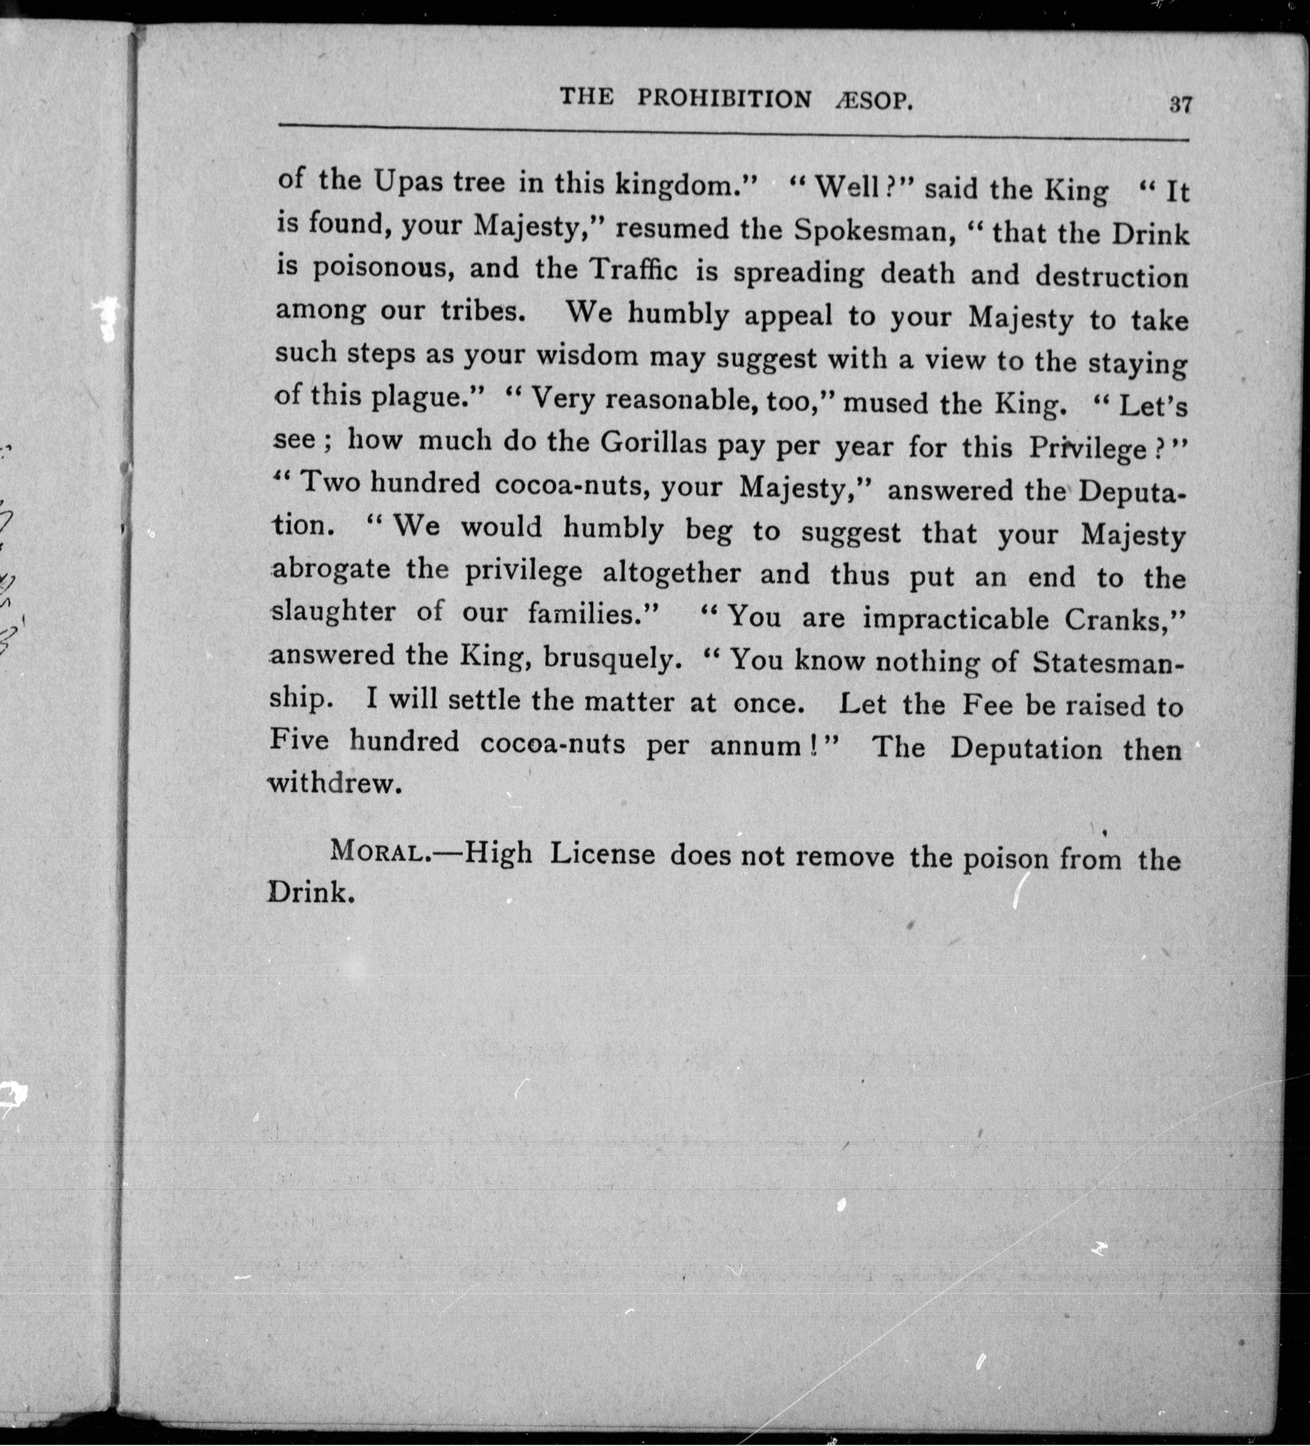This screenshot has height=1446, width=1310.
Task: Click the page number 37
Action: pos(1180,105)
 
